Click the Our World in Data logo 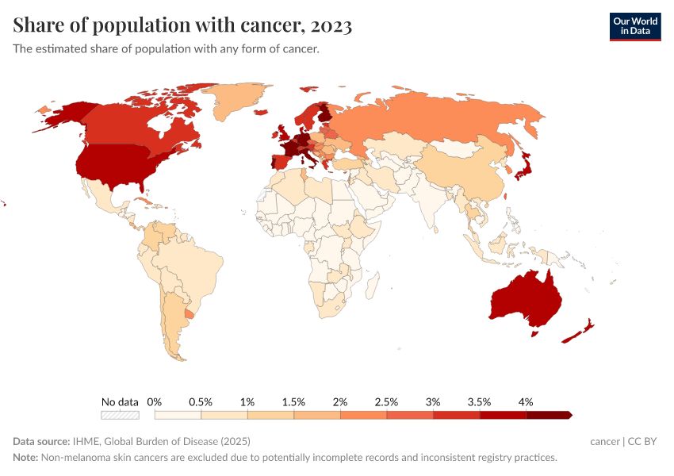pos(634,26)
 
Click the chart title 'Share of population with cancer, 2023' pos(182,25)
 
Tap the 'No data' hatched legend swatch pos(120,415)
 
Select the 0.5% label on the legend pos(201,401)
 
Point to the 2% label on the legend pos(340,401)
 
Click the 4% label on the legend pos(525,401)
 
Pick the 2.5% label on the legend pos(386,401)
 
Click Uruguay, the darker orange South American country pos(188,313)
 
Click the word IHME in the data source pos(86,441)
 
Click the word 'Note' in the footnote pos(26,458)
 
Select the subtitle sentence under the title pos(166,49)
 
